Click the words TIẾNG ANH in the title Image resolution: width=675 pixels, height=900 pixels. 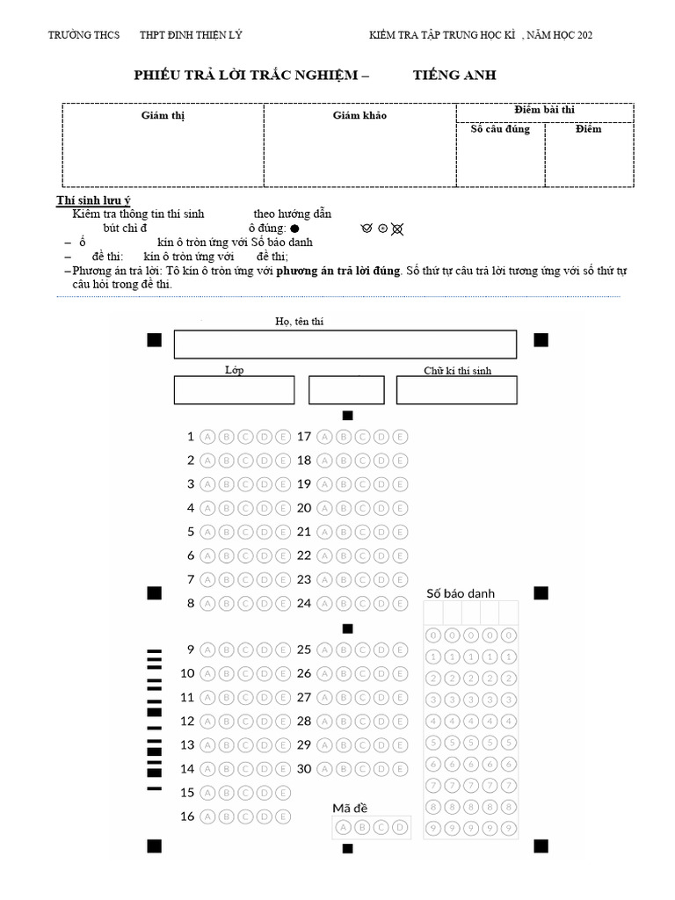pos(454,76)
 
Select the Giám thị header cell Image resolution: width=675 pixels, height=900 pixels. pos(163,115)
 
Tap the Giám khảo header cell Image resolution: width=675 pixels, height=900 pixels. pos(359,115)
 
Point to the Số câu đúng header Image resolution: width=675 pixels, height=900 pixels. pos(500,130)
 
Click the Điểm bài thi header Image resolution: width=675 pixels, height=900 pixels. pos(544,110)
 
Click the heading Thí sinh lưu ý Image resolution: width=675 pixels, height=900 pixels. pos(94,201)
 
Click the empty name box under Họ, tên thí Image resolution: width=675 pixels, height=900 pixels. pos(345,345)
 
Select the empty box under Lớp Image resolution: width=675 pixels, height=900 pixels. pos(234,390)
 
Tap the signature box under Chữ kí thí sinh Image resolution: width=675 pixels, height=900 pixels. pos(456,390)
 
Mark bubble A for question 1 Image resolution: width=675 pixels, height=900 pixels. pos(207,436)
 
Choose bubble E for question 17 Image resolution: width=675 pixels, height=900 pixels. pos(400,436)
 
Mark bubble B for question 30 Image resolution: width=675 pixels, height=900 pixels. pos(343,768)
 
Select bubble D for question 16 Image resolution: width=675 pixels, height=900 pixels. pos(264,817)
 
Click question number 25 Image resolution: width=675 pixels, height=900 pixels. pos(304,650)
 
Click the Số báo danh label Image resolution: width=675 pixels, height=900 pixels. pos(461,593)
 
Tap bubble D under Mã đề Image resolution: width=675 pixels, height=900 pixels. pos(400,827)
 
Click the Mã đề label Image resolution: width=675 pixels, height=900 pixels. pos(350,808)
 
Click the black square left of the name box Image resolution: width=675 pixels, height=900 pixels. pos(155,340)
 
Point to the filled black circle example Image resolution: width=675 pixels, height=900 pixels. pos(294,228)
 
